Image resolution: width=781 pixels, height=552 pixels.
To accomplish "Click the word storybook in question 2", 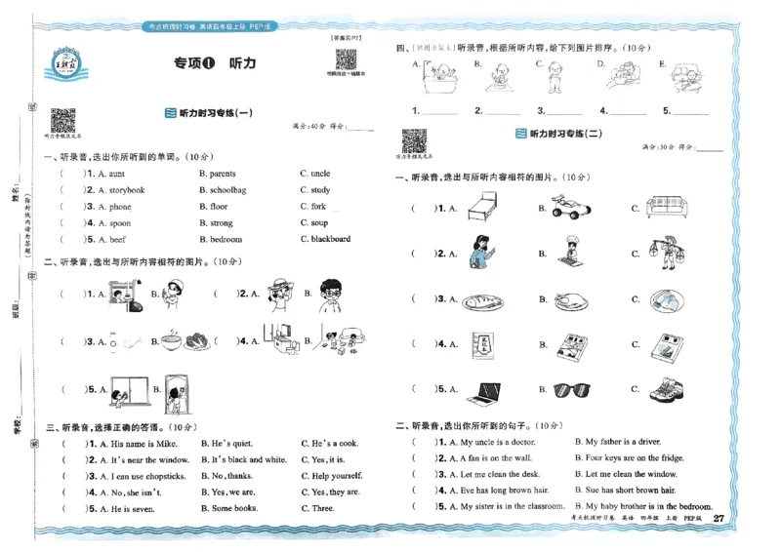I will coord(127,190).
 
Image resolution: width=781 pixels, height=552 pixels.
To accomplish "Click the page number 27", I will coord(719,518).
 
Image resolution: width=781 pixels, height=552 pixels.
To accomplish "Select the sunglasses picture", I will coord(574,389).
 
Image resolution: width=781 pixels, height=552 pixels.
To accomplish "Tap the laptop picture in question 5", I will coord(484,390).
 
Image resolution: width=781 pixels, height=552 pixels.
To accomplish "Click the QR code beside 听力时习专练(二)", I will coord(413,141).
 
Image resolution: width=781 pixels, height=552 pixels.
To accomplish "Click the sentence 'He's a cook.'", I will coord(329,443).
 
